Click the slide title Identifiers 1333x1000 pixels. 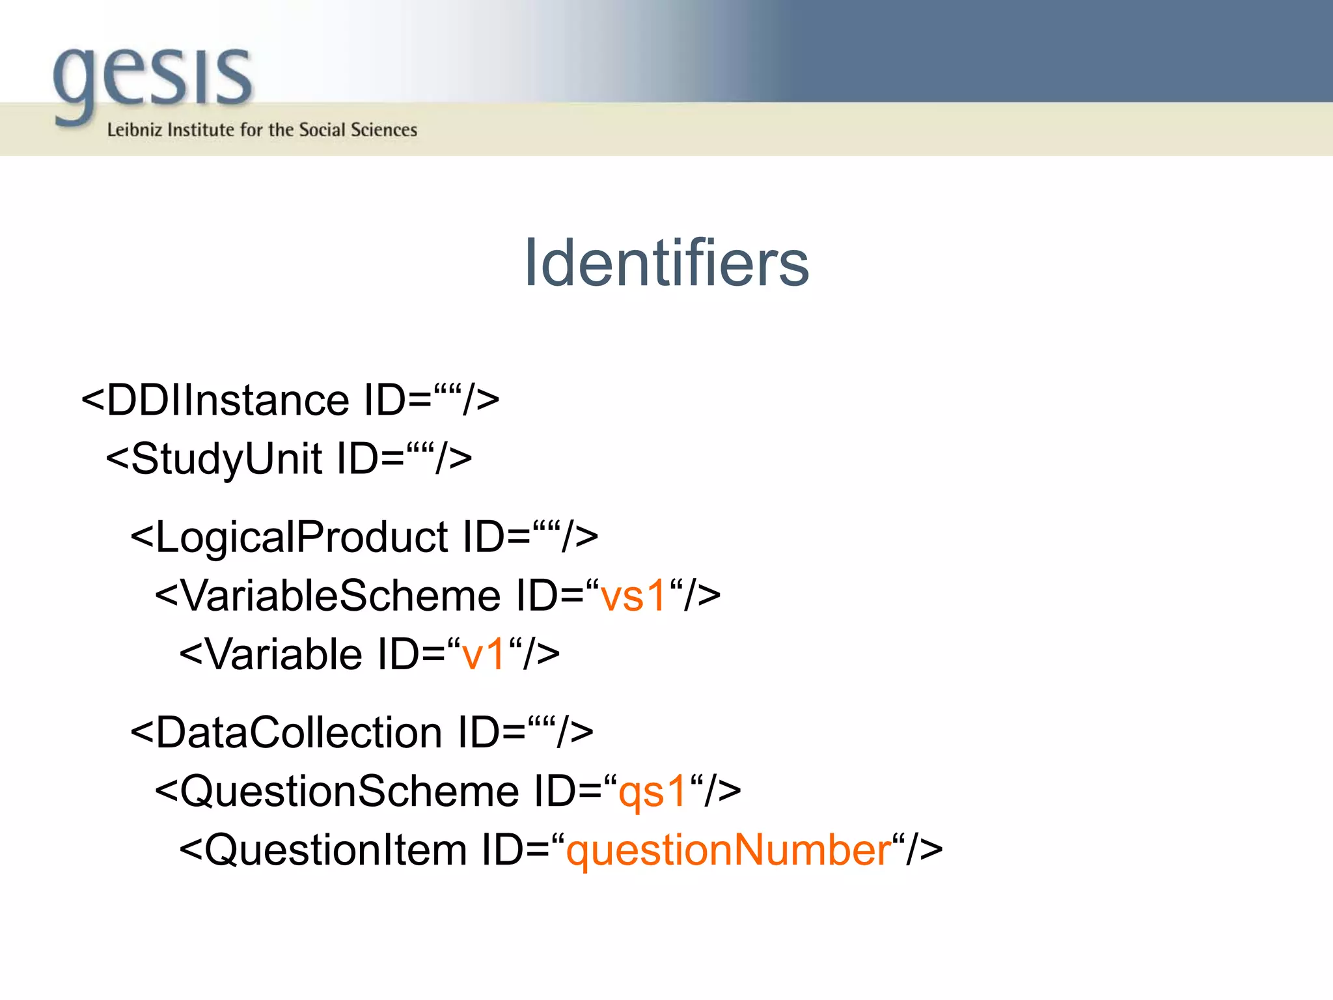[666, 263]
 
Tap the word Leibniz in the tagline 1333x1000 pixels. [134, 130]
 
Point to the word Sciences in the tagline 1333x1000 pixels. [383, 130]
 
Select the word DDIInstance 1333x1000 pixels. [228, 400]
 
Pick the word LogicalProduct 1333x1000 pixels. [301, 538]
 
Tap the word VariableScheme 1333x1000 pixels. [340, 596]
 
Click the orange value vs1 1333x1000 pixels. [633, 596]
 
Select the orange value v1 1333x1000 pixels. [484, 654]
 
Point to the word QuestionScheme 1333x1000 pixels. [350, 792]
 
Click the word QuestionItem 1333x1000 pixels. [336, 850]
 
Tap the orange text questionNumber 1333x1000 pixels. [728, 850]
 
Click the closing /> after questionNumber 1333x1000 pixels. [925, 850]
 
